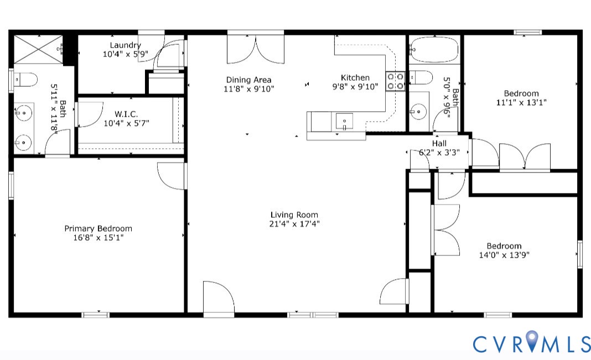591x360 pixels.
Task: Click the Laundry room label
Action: pyautogui.click(x=125, y=45)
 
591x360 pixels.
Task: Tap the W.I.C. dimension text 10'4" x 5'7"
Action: pyautogui.click(x=126, y=123)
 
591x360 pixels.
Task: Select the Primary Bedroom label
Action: pyautogui.click(x=98, y=228)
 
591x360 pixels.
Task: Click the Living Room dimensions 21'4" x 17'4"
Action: pyautogui.click(x=294, y=224)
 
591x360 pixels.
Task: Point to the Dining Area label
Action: pyautogui.click(x=248, y=80)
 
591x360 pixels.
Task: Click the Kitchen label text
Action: pyautogui.click(x=355, y=78)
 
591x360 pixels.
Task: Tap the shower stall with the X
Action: pyautogui.click(x=38, y=49)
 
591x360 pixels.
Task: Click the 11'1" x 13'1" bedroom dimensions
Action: pyautogui.click(x=521, y=102)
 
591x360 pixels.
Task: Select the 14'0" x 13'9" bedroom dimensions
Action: pyautogui.click(x=504, y=255)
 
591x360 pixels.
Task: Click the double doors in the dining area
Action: pyautogui.click(x=256, y=49)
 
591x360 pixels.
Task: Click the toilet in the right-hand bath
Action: pyautogui.click(x=423, y=77)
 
